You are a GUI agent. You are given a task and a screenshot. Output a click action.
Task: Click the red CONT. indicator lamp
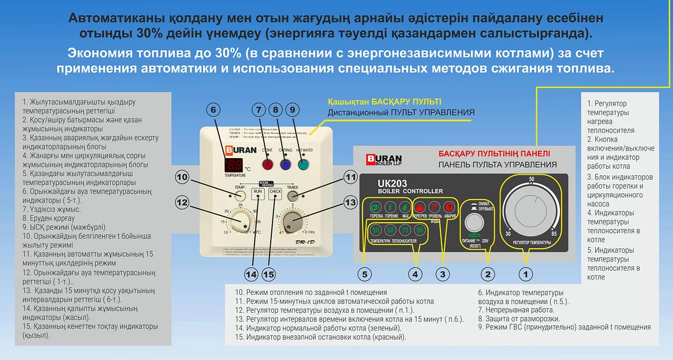pyautogui.click(x=268, y=164)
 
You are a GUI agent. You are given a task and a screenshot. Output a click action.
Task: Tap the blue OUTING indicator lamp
pyautogui.click(x=285, y=164)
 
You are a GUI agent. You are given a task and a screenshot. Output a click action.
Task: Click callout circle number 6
pyautogui.click(x=213, y=110)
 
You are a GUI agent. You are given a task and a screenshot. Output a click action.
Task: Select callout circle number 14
pyautogui.click(x=250, y=274)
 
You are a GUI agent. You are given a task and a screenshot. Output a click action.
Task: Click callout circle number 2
pyautogui.click(x=488, y=274)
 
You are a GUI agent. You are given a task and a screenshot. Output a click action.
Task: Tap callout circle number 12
pyautogui.click(x=182, y=202)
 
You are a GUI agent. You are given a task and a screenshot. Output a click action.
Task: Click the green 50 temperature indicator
pyautogui.click(x=376, y=230)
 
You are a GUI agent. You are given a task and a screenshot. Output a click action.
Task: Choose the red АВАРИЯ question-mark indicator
pyautogui.click(x=448, y=206)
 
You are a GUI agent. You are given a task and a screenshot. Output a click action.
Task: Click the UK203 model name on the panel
pyautogui.click(x=382, y=184)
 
